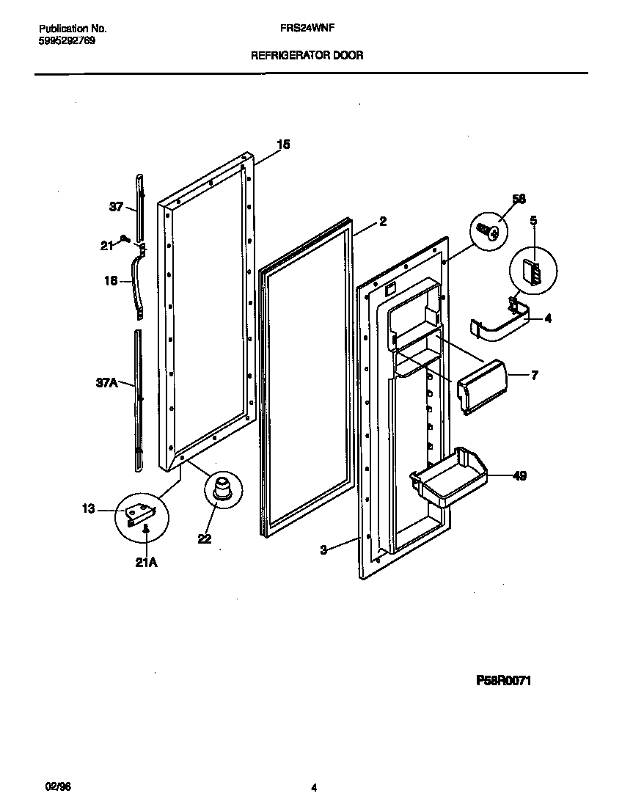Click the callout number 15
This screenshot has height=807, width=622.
click(283, 145)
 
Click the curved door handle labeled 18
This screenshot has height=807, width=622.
click(136, 282)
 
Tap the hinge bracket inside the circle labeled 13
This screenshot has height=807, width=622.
click(139, 514)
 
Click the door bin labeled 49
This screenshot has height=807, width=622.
click(448, 478)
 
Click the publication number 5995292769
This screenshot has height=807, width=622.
click(66, 41)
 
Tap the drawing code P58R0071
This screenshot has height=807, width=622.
click(504, 681)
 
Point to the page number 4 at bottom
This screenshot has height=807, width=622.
click(313, 789)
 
